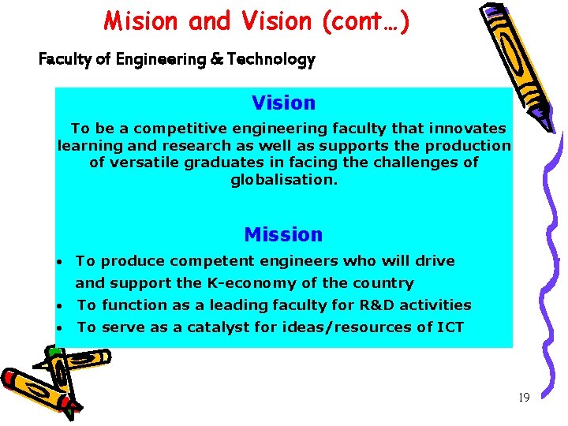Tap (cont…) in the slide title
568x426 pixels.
[x=365, y=21]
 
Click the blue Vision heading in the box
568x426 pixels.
[x=283, y=103]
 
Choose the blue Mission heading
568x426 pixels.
[x=283, y=235]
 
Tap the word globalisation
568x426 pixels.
[x=283, y=180]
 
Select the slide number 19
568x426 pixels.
[x=524, y=398]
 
